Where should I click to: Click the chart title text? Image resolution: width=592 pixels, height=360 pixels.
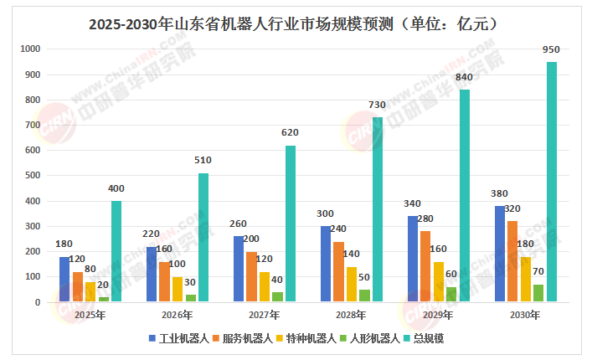click(x=296, y=23)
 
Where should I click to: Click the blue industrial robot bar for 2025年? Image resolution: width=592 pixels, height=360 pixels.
click(x=64, y=279)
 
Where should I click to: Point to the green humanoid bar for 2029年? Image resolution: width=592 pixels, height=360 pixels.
click(x=451, y=294)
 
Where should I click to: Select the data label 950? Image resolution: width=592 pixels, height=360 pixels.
click(x=551, y=50)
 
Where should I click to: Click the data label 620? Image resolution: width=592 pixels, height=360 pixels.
click(x=290, y=133)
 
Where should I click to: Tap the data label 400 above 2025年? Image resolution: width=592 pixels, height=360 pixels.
click(x=116, y=188)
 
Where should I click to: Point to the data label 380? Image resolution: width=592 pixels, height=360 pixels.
click(x=499, y=193)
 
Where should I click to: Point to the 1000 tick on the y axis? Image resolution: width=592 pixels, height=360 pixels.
click(x=29, y=49)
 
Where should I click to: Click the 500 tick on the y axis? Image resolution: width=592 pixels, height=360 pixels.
click(x=32, y=176)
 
